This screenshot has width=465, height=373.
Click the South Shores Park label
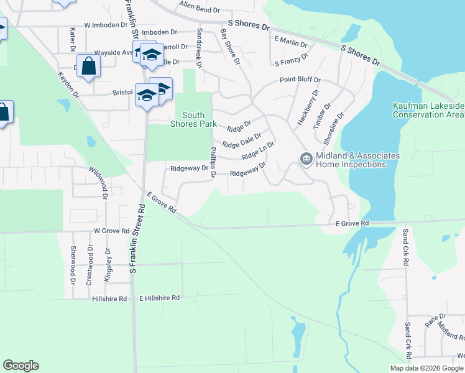tap(193, 119)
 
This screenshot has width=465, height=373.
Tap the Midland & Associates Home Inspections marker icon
tap(306, 159)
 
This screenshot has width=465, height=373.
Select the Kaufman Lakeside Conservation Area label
tap(428, 111)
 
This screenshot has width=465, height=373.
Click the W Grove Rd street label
tap(111, 231)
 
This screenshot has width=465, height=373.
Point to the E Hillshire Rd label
tap(159, 298)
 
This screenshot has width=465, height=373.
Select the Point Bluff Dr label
tap(300, 80)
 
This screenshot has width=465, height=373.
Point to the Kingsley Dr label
tap(107, 265)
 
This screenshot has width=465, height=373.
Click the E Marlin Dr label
tap(291, 44)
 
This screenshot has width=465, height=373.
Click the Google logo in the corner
tap(21, 366)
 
